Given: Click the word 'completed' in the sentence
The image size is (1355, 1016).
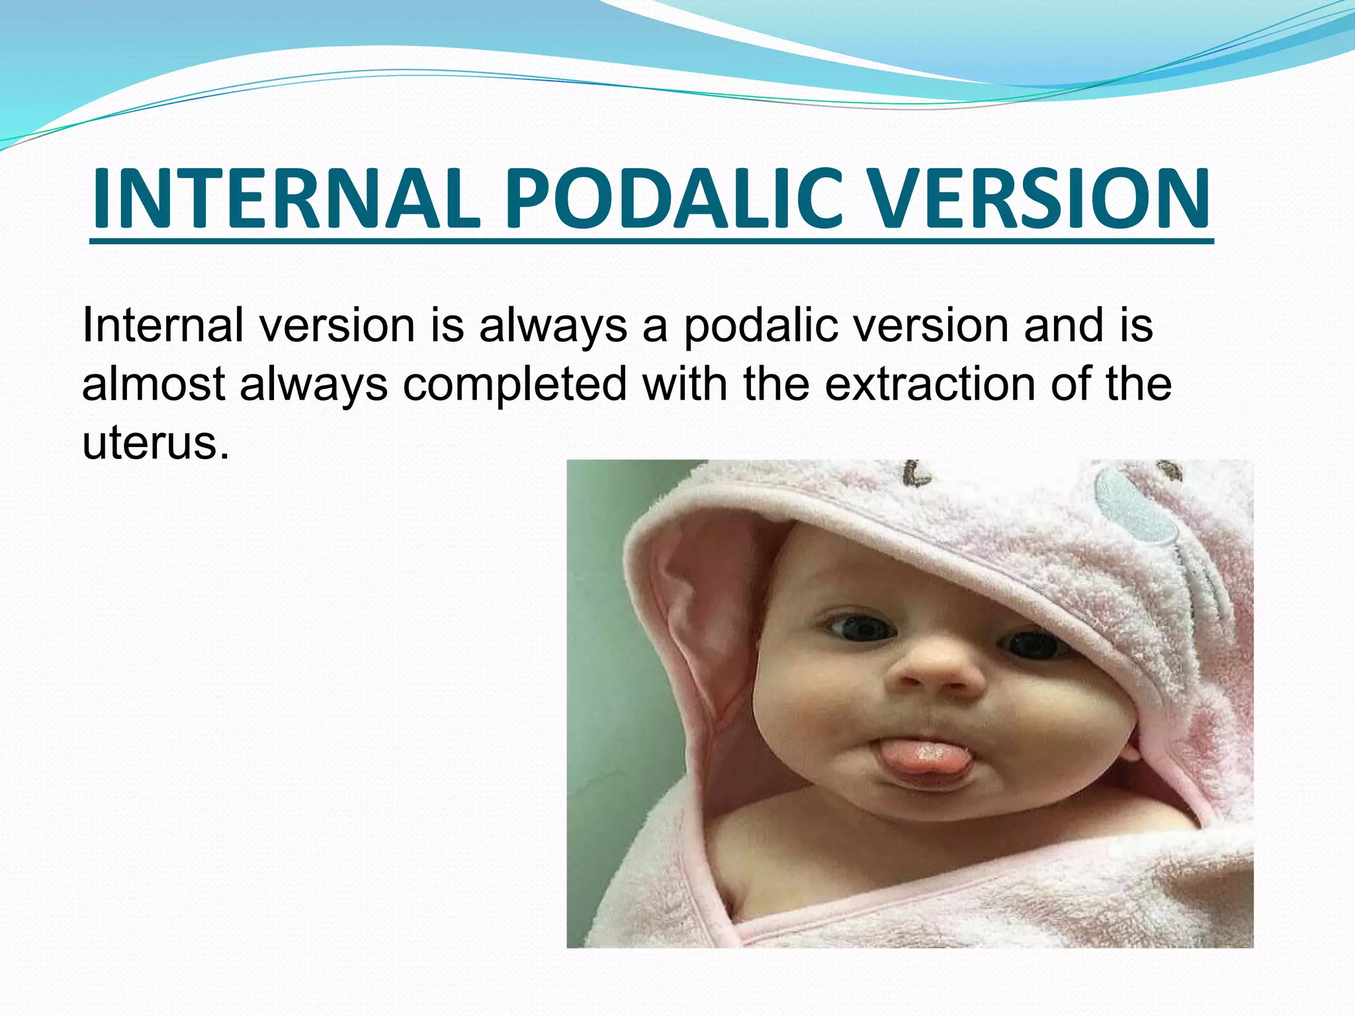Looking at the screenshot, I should (515, 385).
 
